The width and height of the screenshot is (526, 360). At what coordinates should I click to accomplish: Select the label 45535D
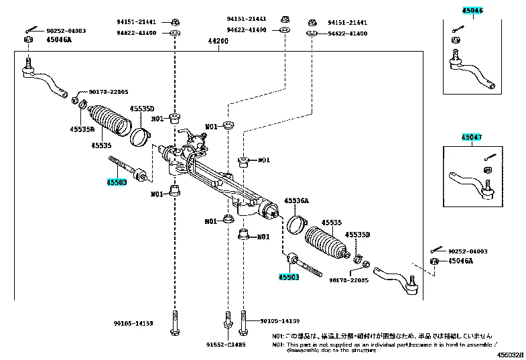pos(141,109)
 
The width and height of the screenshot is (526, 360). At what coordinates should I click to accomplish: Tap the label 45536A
pos(296,200)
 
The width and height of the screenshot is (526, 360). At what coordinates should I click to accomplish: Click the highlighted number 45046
pos(472,11)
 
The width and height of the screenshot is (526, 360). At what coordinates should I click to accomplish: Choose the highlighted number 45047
pos(472,137)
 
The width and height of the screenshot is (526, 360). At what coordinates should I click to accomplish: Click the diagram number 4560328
pos(511,355)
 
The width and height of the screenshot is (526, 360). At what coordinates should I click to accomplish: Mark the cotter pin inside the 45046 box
pos(458,28)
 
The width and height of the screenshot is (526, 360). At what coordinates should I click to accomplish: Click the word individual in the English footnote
pos(376,344)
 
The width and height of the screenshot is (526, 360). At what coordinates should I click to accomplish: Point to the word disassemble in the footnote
pos(305,350)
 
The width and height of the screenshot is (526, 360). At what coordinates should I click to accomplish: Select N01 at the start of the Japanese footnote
pos(277,336)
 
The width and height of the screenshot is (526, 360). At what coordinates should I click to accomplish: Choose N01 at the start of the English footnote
pos(277,344)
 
